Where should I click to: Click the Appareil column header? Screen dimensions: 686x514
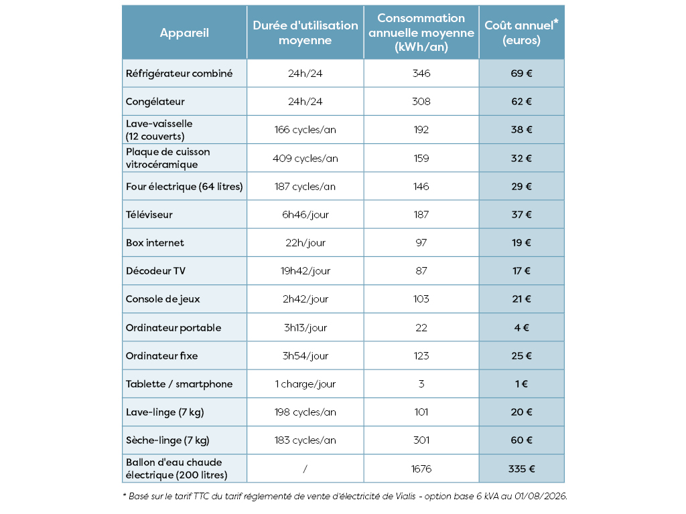click(x=184, y=33)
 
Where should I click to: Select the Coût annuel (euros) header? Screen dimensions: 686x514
click(x=521, y=32)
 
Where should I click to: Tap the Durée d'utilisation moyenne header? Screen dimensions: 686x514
click(x=305, y=33)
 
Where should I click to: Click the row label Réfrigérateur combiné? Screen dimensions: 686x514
click(x=179, y=74)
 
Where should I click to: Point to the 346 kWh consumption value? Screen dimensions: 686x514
click(x=421, y=74)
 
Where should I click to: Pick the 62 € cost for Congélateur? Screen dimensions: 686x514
click(x=521, y=102)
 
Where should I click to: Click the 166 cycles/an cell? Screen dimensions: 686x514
click(x=305, y=130)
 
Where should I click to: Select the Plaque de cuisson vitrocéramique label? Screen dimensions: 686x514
click(x=168, y=158)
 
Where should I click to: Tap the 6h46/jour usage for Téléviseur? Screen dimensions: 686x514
click(x=305, y=215)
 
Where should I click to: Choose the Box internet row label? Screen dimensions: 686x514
click(x=155, y=242)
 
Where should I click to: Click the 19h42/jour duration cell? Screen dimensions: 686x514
click(x=305, y=271)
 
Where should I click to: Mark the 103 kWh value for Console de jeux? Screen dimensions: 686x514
click(x=421, y=299)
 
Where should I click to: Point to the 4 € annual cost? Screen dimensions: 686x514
click(x=521, y=327)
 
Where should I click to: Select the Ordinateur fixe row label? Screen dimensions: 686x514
click(x=162, y=356)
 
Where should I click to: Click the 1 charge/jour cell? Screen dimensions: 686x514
click(x=305, y=383)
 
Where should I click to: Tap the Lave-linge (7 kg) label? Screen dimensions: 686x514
click(x=165, y=412)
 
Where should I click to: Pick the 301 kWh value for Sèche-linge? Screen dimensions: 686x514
click(x=421, y=440)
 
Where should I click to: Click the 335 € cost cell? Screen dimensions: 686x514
click(x=521, y=469)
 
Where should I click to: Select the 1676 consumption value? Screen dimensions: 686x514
click(x=421, y=469)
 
